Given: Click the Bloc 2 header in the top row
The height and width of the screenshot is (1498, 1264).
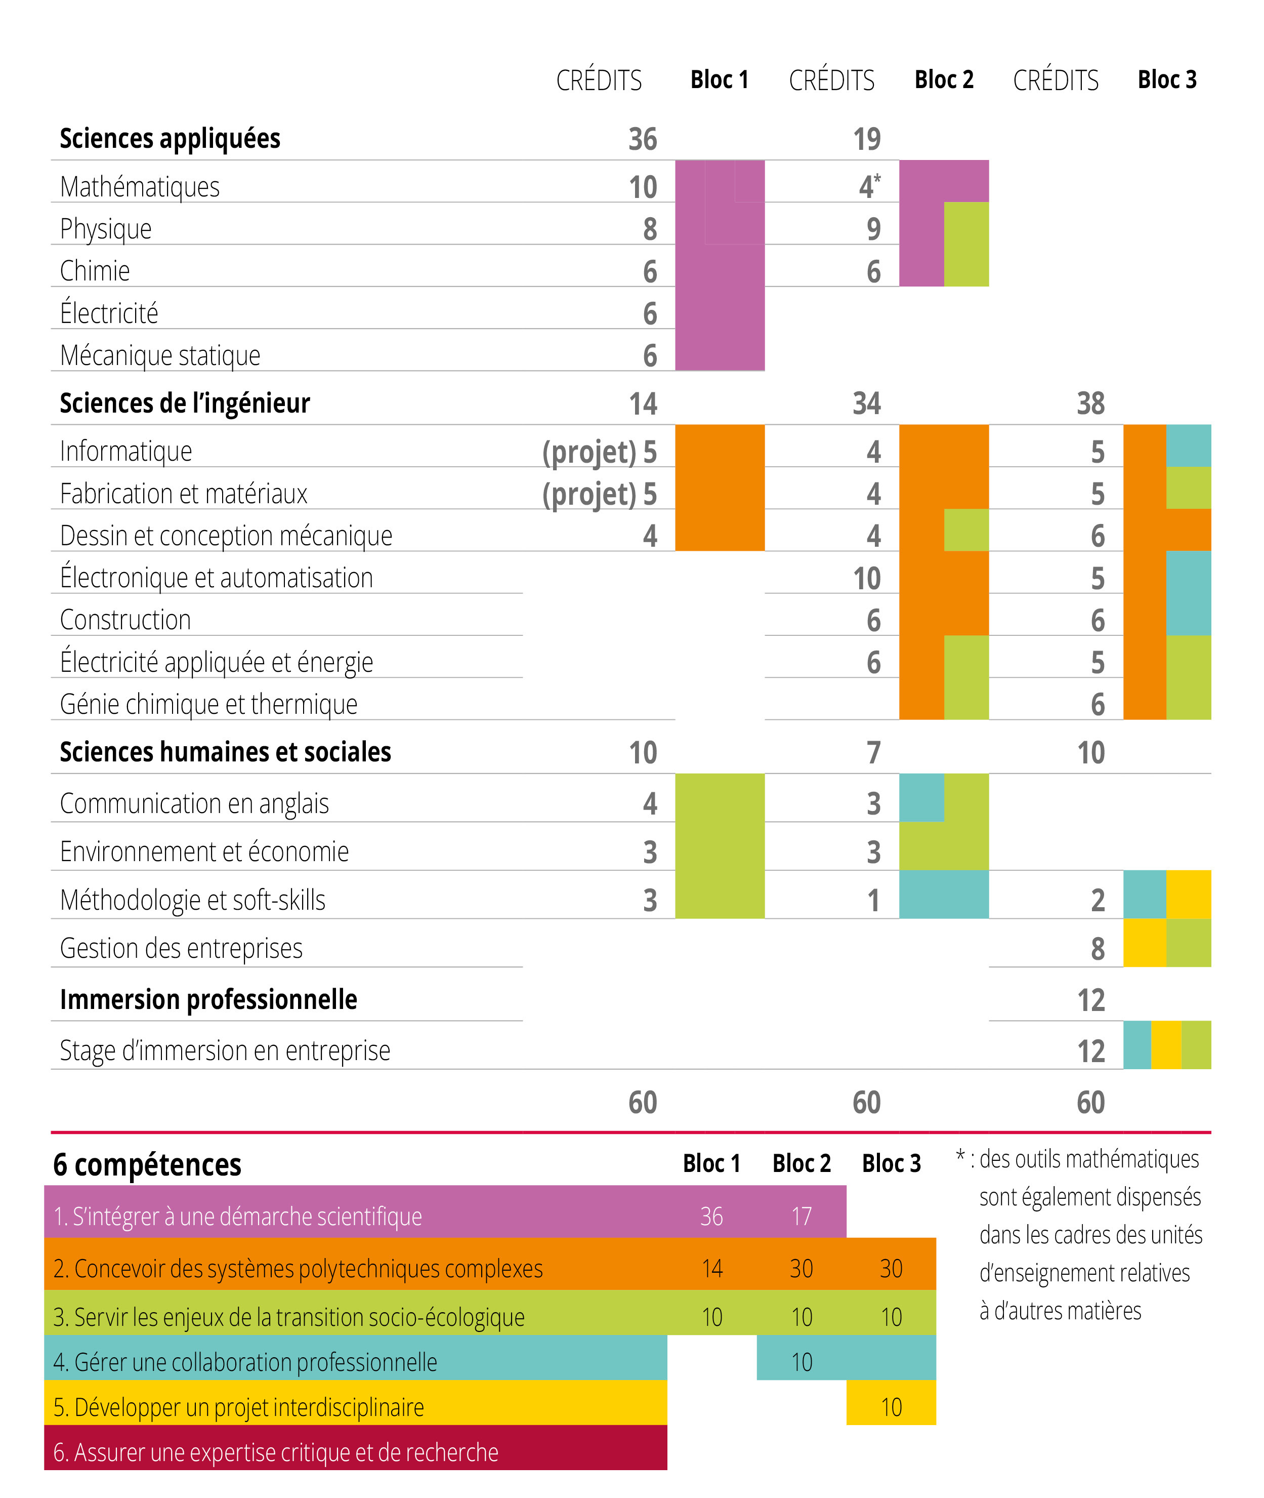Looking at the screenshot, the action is (944, 79).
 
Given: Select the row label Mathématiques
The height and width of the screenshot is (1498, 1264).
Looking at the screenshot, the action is (140, 187).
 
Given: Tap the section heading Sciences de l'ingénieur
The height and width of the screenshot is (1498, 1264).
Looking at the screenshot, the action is (185, 403).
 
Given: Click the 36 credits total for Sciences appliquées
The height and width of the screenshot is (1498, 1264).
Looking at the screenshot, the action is (643, 139).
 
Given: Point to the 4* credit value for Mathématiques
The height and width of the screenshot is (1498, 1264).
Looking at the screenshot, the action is (870, 186).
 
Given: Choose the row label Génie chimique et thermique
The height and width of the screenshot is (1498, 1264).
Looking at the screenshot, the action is (208, 705).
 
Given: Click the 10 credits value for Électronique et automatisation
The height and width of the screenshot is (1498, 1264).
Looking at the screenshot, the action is (867, 579).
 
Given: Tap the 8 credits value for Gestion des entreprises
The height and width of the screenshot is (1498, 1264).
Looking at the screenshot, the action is (1098, 949).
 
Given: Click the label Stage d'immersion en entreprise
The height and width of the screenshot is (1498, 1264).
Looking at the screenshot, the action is (225, 1051).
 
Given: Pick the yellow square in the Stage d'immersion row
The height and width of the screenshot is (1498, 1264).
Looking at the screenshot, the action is (1166, 1045).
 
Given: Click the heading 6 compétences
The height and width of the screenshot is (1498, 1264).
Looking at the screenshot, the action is (147, 1165).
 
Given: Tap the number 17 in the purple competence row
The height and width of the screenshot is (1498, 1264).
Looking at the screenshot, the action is (801, 1217).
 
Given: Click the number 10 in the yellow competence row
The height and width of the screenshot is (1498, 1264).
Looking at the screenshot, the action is (891, 1407).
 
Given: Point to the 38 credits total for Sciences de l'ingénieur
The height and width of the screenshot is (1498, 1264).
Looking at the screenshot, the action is (1090, 403).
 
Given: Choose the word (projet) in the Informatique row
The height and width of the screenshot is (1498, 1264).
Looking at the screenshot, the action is (589, 452).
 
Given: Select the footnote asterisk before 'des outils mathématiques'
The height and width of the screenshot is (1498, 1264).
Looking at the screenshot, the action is (961, 1155).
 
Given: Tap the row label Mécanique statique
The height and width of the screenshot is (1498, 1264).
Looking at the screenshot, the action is (160, 355).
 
